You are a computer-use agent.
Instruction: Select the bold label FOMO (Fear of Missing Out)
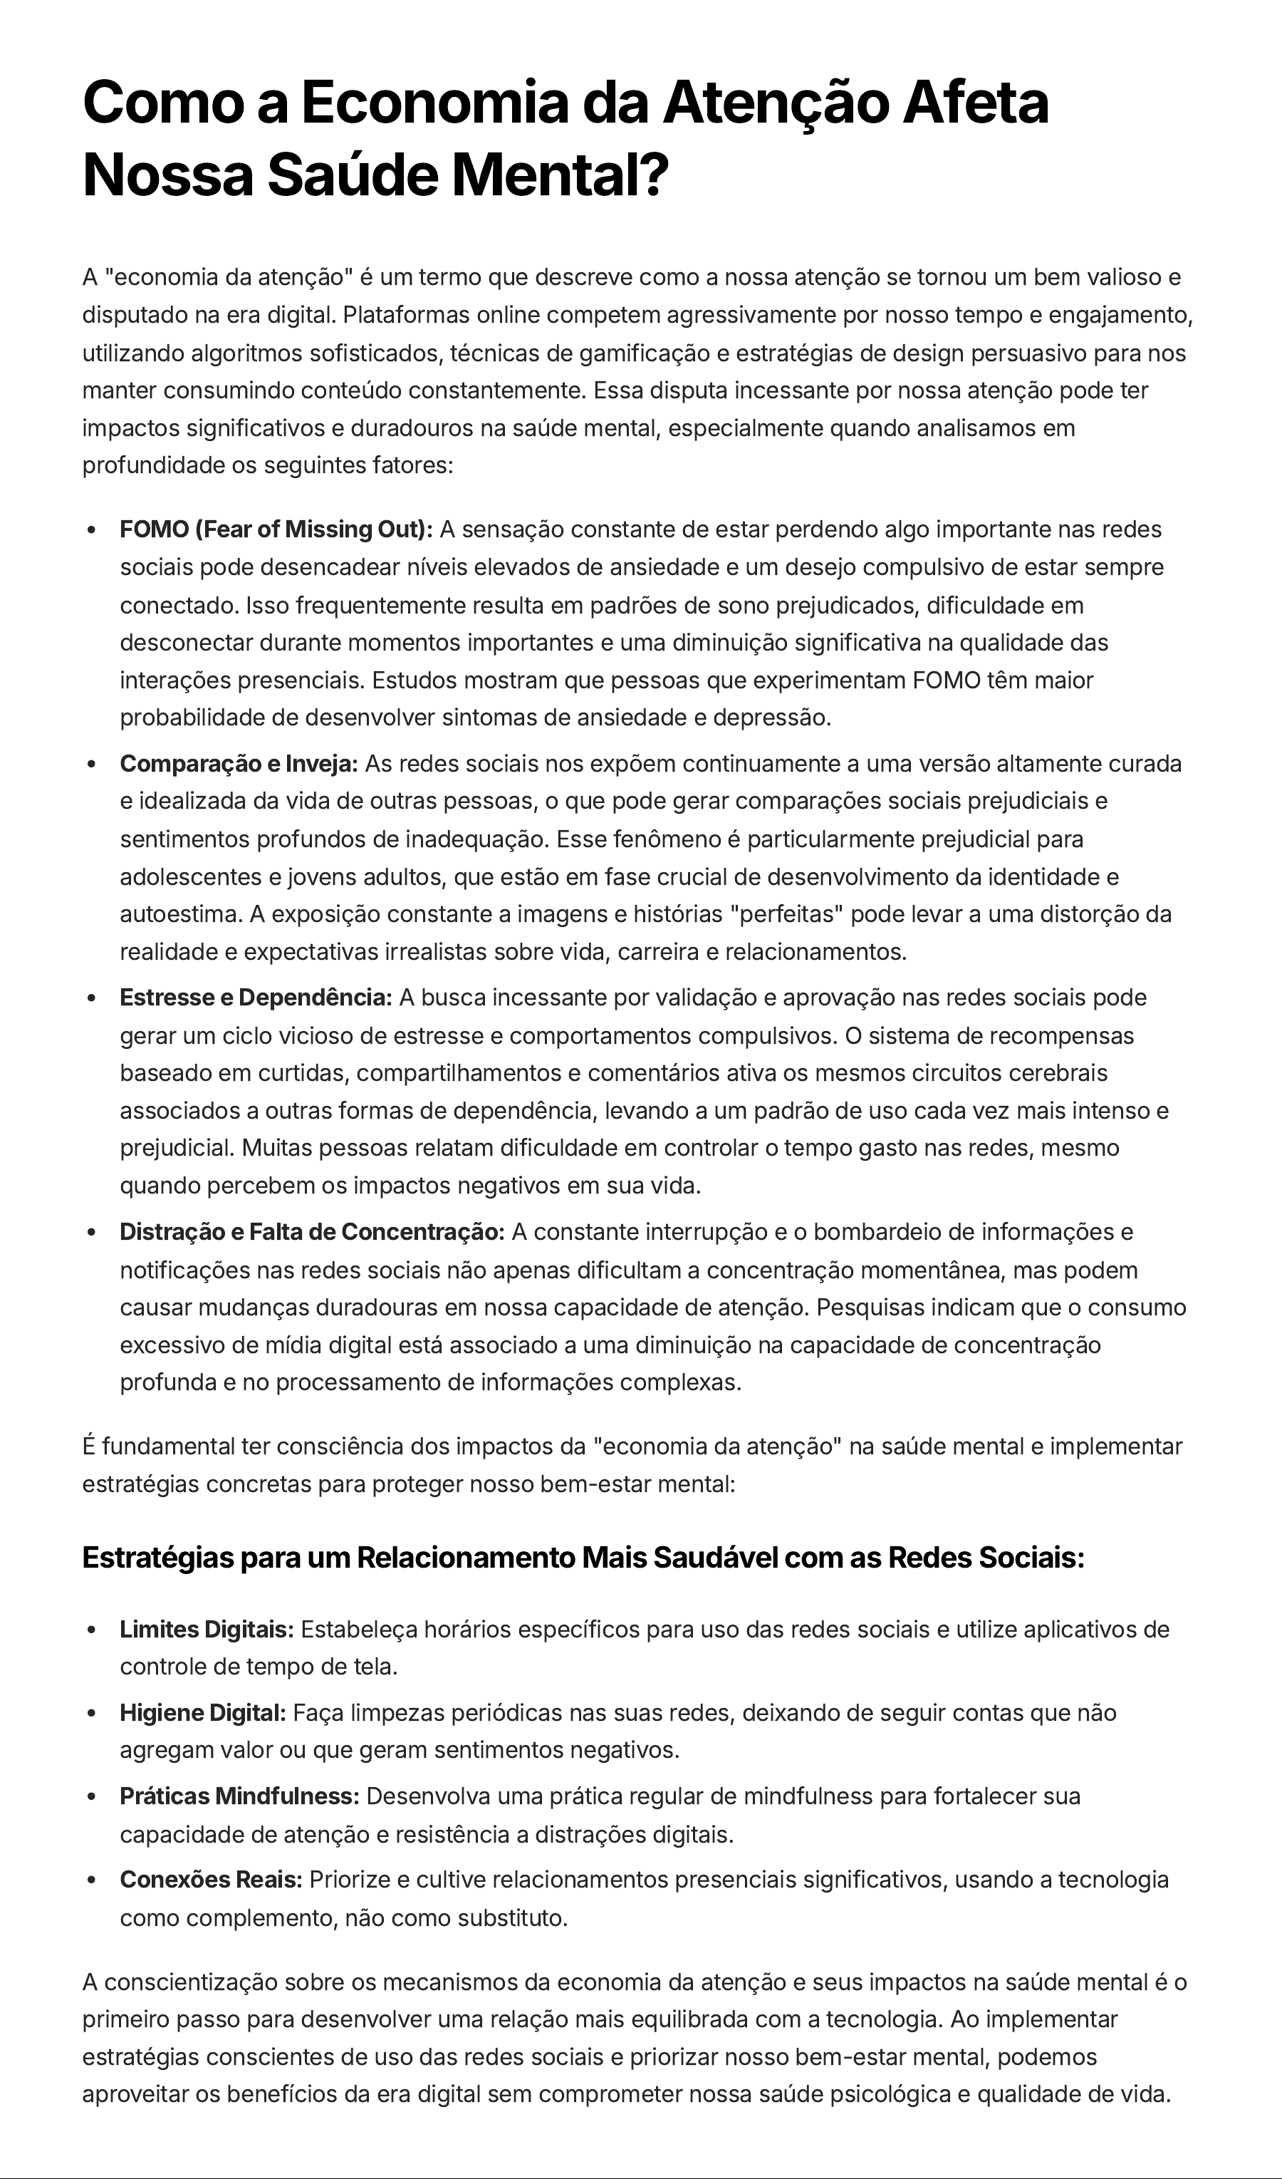coord(276,529)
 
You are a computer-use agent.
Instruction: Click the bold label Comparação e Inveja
coord(239,764)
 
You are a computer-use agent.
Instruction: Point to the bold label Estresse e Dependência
coord(256,997)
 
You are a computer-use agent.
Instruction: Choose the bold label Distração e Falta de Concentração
coord(312,1231)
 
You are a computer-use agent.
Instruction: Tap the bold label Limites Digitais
coord(207,1629)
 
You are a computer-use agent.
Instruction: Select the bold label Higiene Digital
coord(202,1712)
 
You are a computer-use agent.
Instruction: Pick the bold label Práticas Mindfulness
coord(239,1796)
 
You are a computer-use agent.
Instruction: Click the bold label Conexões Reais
coord(211,1879)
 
